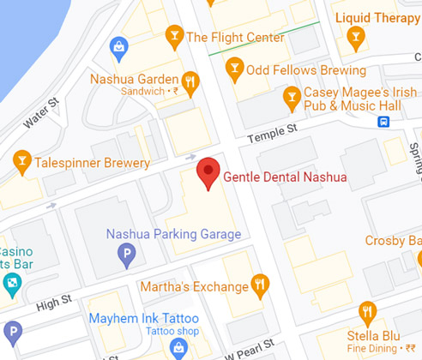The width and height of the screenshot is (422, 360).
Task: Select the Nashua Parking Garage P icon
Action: [126, 254]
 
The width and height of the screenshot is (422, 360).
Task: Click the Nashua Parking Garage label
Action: [173, 234]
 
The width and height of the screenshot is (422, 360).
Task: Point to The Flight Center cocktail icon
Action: [174, 36]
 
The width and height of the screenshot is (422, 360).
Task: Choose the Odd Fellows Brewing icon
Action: [233, 69]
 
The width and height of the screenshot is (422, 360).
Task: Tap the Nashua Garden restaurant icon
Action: [190, 82]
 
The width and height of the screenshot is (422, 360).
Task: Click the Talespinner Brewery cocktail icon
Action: [22, 160]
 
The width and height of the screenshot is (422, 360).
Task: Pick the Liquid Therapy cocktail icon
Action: [356, 35]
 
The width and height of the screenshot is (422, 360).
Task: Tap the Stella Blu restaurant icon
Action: [368, 313]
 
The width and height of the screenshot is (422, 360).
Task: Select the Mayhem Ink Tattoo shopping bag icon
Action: [178, 348]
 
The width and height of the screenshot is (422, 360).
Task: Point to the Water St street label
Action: [41, 113]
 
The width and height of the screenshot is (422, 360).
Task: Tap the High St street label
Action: [53, 302]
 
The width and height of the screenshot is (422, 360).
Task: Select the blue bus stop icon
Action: [383, 121]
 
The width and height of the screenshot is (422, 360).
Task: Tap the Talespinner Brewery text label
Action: [92, 162]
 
